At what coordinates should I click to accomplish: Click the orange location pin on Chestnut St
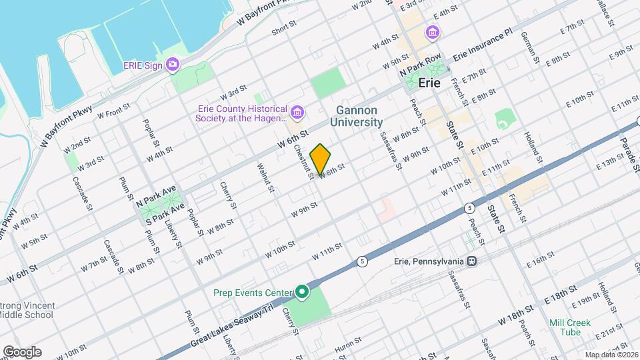coord(321,158)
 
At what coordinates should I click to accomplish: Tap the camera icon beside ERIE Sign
coord(173,65)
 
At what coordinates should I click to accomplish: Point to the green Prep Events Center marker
coord(302,292)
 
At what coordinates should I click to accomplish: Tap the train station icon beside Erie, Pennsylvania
coord(472,261)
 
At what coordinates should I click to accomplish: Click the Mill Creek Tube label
coord(570,327)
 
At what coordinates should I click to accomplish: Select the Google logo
coord(22,351)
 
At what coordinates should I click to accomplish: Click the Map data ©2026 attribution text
coord(611,355)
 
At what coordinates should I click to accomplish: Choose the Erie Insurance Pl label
coord(482,50)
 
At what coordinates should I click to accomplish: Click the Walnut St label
coord(265,177)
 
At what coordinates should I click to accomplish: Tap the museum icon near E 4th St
coord(433,32)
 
